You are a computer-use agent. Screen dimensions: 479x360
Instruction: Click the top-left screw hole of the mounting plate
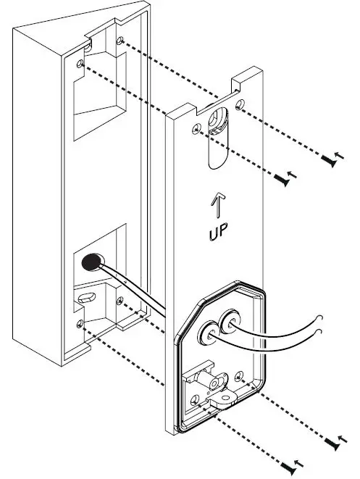point(196,129)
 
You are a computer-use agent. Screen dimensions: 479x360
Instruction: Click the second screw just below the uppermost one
point(285,176)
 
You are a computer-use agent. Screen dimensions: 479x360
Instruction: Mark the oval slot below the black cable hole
point(85,297)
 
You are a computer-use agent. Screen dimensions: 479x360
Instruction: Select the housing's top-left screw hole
point(81,64)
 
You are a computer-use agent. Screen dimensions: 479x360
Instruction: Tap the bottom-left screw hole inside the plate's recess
point(194,399)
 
